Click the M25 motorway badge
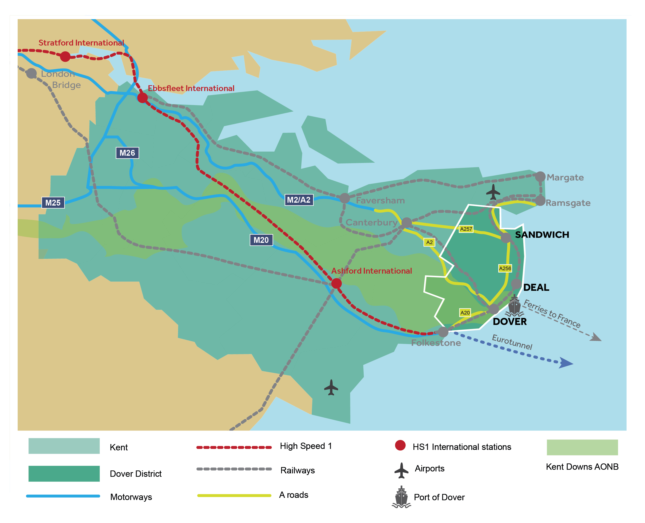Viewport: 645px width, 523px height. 53,203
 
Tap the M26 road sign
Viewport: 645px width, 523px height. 127,153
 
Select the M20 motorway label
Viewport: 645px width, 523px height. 261,240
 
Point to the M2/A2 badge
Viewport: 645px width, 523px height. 299,200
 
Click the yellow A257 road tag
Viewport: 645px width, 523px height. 466,229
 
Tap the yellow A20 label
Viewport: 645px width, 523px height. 465,313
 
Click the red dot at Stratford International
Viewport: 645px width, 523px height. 65,56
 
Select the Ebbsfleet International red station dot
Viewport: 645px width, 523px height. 142,98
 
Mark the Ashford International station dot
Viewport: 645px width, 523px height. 337,283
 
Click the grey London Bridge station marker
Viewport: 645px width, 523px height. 32,73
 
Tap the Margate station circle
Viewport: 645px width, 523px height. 540,177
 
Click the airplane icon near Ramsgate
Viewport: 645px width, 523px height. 493,192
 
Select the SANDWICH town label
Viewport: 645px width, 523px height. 542,235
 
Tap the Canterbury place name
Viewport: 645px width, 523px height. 371,223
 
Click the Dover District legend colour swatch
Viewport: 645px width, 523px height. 64,474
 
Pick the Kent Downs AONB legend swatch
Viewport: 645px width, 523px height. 582,447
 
